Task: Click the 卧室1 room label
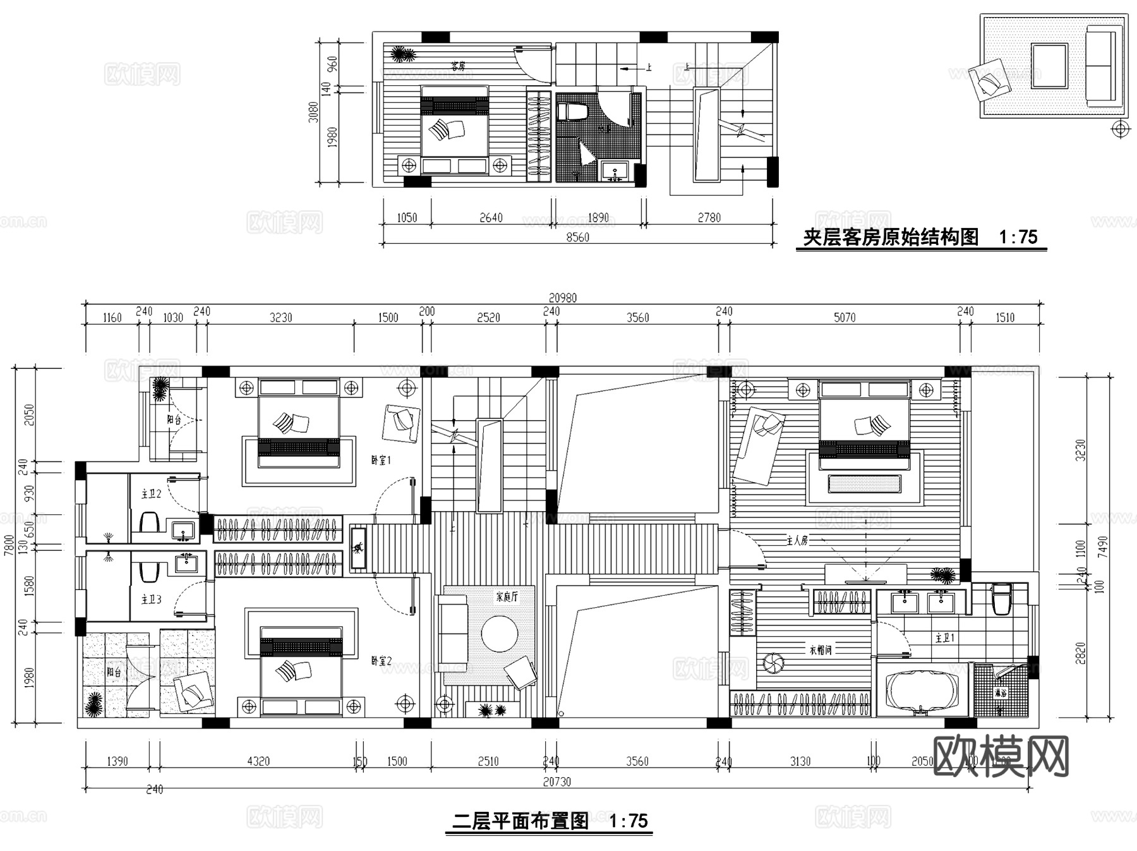coord(381,461)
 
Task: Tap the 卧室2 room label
coord(381,661)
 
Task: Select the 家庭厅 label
coord(507,596)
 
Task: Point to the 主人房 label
coord(797,541)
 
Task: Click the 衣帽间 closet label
coord(821,649)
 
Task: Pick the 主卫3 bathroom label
coord(151,599)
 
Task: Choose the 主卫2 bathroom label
coord(151,494)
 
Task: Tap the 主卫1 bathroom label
coord(944,639)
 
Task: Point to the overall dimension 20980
coord(562,298)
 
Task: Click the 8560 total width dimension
coord(577,238)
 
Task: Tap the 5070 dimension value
coord(845,318)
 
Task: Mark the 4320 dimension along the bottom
coord(258,761)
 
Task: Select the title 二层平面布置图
coord(521,821)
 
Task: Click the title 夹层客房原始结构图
coord(891,238)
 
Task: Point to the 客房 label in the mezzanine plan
coord(458,66)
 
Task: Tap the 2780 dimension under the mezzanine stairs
coord(709,218)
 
